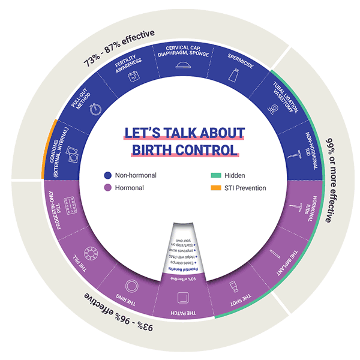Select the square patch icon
[x=182, y=298]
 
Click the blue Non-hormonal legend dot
[x=107, y=176]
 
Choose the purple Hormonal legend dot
[x=107, y=188]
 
